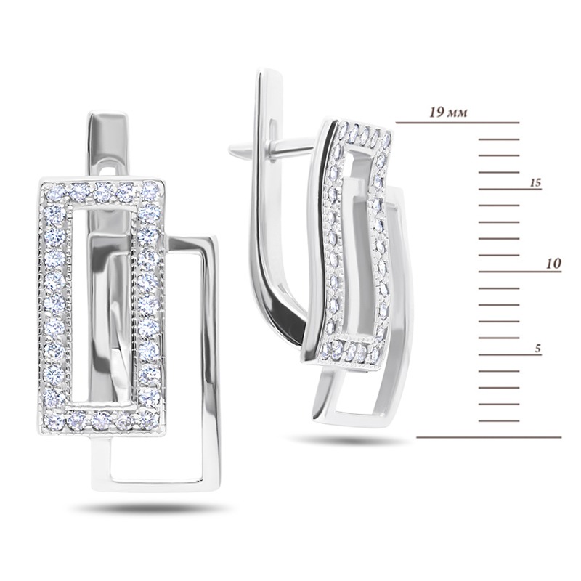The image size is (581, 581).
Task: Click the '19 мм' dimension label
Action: tap(448, 112)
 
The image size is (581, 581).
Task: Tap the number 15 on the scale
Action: tap(535, 183)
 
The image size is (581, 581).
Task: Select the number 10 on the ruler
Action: tap(553, 264)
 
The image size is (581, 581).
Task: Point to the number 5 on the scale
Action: tap(537, 349)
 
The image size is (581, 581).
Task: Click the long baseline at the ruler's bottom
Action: tap(489, 437)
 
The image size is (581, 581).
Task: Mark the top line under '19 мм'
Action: tap(458, 122)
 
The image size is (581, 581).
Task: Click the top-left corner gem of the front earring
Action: tap(54, 192)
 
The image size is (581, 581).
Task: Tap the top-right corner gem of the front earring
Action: tap(151, 190)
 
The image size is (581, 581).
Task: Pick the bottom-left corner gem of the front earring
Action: tap(54, 421)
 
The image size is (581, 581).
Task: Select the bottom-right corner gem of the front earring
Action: tap(149, 418)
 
